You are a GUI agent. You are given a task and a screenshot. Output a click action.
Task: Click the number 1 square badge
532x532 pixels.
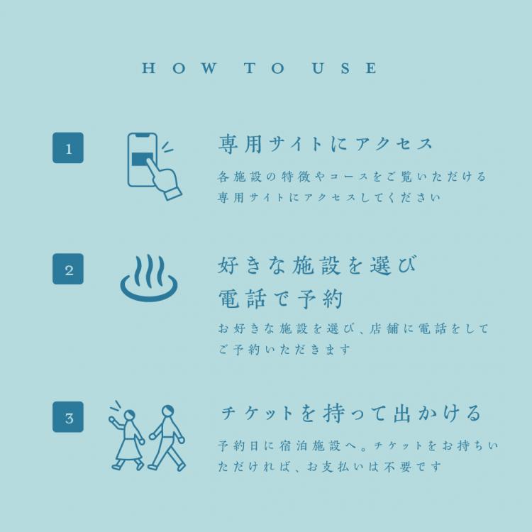(x=68, y=148)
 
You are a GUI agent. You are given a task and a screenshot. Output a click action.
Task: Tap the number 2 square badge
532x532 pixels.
(x=68, y=269)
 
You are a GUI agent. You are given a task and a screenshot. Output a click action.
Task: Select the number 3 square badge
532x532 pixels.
(x=68, y=417)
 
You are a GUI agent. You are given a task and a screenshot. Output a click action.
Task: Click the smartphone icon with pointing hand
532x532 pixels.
(x=154, y=166)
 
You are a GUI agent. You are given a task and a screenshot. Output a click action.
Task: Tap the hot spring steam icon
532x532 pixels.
(x=149, y=278)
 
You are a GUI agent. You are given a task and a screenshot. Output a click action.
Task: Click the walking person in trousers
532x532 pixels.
(x=167, y=438)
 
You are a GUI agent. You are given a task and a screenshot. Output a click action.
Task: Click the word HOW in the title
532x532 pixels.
(x=179, y=68)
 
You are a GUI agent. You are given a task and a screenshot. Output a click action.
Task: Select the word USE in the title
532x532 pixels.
(x=345, y=68)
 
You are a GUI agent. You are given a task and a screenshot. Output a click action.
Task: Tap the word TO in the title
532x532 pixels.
(x=265, y=68)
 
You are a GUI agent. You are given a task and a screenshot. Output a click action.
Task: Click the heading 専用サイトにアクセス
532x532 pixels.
(x=325, y=144)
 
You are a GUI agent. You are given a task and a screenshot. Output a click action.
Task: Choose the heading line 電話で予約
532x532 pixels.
(x=280, y=299)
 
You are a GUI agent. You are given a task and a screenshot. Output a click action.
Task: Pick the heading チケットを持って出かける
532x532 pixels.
(x=351, y=414)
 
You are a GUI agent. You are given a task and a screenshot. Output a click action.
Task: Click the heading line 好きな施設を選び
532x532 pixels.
(x=317, y=265)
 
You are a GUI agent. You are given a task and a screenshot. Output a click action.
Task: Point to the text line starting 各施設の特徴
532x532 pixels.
(x=352, y=177)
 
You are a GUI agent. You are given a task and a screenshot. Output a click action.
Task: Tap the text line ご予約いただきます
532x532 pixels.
(x=284, y=349)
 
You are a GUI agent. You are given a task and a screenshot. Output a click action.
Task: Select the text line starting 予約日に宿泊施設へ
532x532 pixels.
(x=358, y=445)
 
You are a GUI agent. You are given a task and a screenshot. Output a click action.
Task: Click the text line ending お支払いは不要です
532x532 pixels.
(x=329, y=467)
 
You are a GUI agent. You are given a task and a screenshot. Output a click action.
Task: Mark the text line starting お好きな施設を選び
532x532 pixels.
(x=353, y=328)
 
